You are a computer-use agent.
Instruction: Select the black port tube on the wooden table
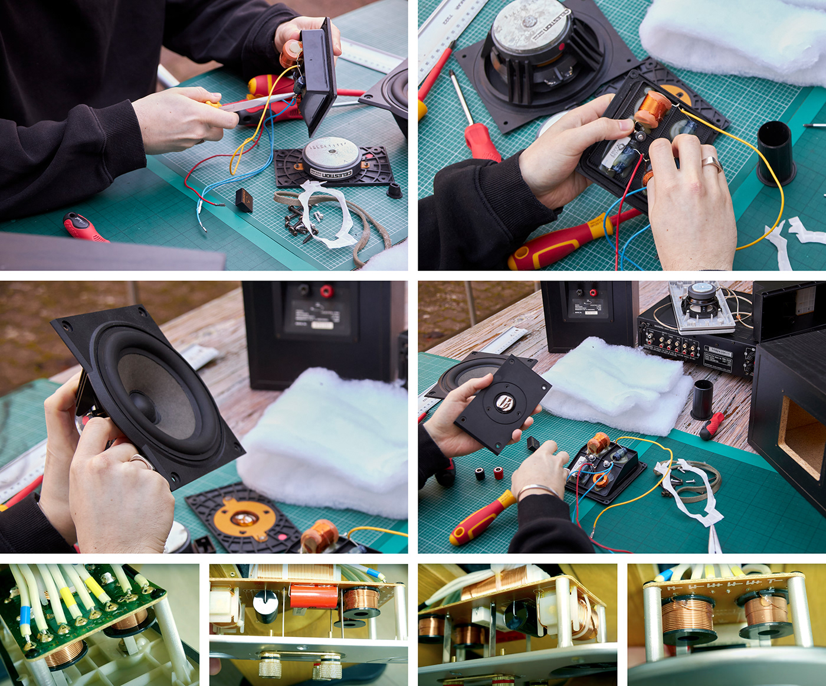[x=703, y=399]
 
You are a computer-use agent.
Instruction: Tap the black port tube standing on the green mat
[x=776, y=152]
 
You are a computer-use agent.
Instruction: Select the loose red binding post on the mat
[x=499, y=473]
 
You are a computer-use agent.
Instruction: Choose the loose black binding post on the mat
[x=480, y=473]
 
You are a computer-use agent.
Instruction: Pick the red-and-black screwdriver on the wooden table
[x=713, y=424]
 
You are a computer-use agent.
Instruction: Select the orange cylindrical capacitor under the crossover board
[x=313, y=597]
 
